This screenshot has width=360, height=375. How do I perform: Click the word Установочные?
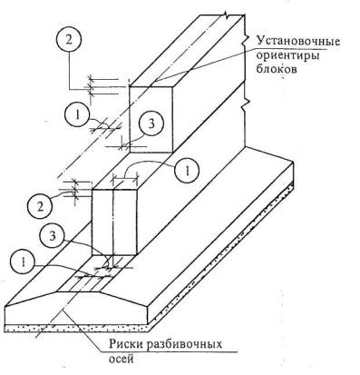click(298, 42)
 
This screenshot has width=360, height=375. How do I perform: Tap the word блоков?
click(277, 70)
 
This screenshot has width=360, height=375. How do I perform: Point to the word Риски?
click(127, 344)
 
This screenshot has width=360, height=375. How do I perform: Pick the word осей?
click(121, 359)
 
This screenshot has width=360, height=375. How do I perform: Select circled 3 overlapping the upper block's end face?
click(151, 123)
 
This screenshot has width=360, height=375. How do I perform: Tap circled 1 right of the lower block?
click(187, 171)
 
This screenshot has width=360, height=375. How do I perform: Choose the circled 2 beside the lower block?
click(40, 207)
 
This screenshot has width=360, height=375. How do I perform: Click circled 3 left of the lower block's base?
click(53, 236)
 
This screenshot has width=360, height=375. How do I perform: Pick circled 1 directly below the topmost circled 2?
click(77, 115)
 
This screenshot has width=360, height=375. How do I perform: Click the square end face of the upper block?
click(151, 120)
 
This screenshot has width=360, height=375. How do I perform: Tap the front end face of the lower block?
click(114, 222)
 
